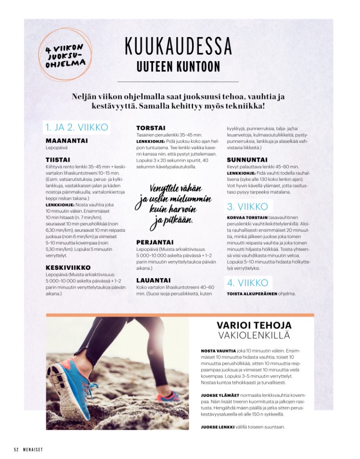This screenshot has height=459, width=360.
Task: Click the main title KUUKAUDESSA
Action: pos(178,46)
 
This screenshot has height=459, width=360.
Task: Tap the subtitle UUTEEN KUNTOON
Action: pos(178,66)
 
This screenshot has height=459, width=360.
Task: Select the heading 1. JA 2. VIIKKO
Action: pos(76,127)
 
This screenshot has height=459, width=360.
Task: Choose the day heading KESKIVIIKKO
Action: pos(68,268)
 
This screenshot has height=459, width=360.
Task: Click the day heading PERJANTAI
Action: pos(155,243)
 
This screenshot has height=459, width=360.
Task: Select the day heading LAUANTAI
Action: pos(154,280)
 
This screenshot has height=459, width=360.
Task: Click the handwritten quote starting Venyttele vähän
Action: pos(167,204)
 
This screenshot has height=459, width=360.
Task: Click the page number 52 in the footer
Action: pos(16,449)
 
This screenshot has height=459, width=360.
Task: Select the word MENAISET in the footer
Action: pos(33,449)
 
